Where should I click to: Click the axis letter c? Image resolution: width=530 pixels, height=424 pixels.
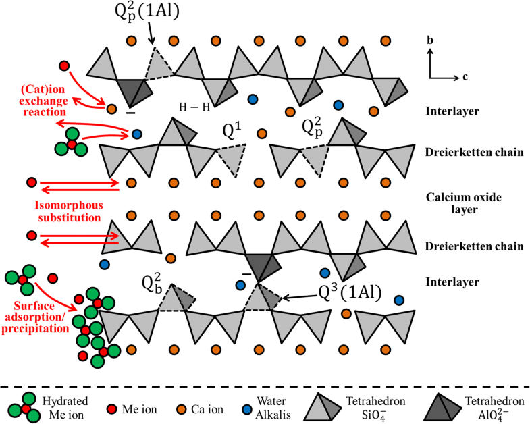(x=465, y=76)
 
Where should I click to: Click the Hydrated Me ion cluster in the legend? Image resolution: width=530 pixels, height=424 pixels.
(x=22, y=406)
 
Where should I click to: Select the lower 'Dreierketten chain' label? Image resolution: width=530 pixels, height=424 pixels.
(x=466, y=246)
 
